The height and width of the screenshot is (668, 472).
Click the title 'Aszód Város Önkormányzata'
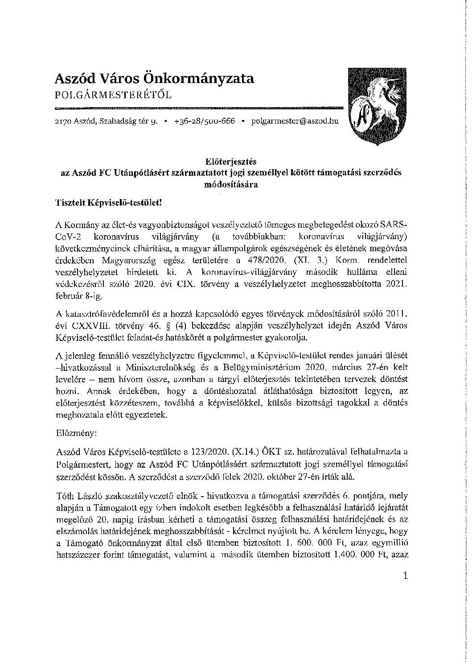click(154, 79)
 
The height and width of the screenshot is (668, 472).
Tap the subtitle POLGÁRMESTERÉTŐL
click(112, 95)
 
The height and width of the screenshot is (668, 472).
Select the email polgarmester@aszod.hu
click(295, 121)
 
